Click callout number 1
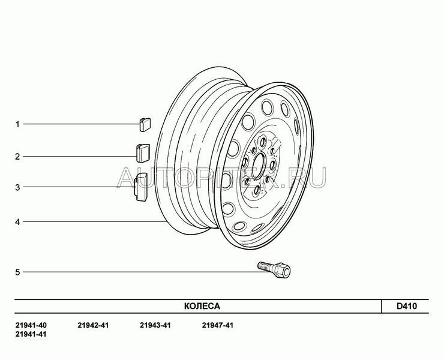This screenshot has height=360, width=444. [x=17, y=124]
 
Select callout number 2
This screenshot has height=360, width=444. [x=17, y=157]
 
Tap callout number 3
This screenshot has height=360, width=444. [x=17, y=187]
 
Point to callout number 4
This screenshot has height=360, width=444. [x=17, y=222]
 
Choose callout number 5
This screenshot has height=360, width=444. [x=17, y=272]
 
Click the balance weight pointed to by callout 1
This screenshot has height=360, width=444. [x=145, y=125]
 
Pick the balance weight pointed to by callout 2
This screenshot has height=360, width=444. [x=143, y=153]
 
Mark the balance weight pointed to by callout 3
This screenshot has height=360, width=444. [x=141, y=187]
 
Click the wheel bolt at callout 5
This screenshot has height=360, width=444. [x=274, y=269]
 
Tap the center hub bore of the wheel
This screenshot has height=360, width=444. [x=258, y=166]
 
